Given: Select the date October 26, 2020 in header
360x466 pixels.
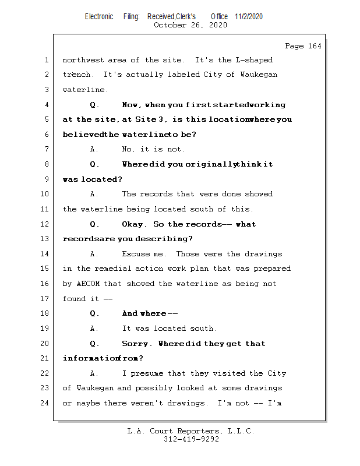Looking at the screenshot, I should [190, 25].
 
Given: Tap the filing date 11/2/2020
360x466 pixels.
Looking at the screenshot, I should [249, 16].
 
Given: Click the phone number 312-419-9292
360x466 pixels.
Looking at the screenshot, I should [191, 439].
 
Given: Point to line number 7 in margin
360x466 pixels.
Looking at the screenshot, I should [47, 149].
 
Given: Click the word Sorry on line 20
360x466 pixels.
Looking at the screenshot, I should [135, 344].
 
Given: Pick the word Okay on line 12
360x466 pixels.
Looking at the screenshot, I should [133, 224].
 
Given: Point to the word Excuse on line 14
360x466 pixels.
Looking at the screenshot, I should [136, 254].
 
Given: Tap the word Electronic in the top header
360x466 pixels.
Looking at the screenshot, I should [99, 16].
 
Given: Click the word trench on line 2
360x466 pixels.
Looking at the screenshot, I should [77, 75].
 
